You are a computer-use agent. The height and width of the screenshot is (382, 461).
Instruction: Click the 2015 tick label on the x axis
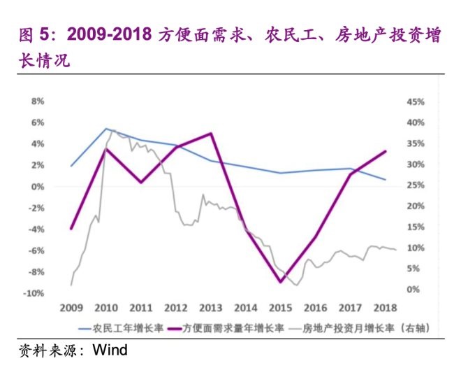tap(280, 307)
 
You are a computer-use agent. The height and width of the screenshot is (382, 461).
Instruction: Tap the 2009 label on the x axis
tap(71, 307)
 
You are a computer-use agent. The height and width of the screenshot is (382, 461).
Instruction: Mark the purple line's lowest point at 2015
tap(281, 282)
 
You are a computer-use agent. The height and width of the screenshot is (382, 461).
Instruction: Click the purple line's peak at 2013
tap(211, 133)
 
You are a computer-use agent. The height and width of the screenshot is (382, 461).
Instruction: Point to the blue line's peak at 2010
tap(106, 129)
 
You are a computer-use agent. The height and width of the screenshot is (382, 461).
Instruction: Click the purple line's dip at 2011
tap(141, 183)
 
